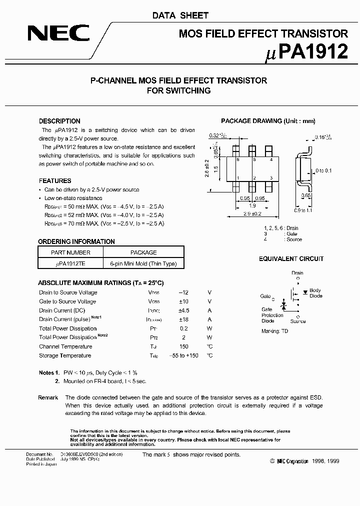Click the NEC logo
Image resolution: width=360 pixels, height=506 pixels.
click(x=58, y=34)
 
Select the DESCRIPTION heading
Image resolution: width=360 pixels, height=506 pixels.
click(x=59, y=121)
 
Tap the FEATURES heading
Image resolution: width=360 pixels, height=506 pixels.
click(x=55, y=180)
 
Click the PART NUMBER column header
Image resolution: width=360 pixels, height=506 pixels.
click(x=70, y=252)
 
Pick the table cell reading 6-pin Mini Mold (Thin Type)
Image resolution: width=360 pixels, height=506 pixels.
click(x=143, y=263)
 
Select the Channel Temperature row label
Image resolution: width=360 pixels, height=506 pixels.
click(x=65, y=346)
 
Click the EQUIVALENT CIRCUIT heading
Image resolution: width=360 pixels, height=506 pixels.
click(x=291, y=258)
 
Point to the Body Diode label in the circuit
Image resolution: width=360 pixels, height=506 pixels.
click(x=315, y=293)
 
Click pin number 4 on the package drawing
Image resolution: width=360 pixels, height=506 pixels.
click(x=270, y=160)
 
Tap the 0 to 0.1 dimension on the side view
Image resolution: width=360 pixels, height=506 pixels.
click(x=324, y=171)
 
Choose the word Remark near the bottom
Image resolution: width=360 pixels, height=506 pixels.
click(x=48, y=397)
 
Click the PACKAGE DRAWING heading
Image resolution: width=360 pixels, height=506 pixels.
click(x=268, y=121)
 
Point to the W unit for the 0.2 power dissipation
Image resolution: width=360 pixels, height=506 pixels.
click(x=209, y=328)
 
